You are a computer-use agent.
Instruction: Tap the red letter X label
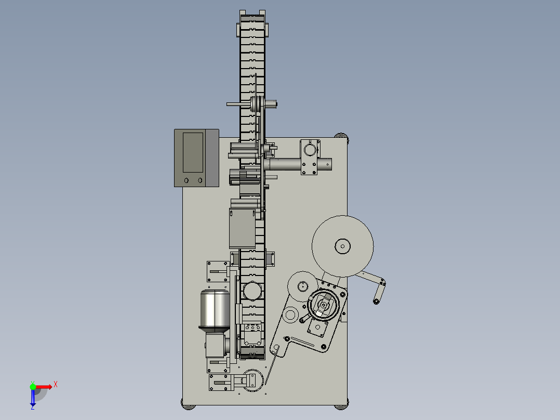56,385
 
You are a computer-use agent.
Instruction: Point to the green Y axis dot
33,387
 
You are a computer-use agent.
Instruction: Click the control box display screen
193,152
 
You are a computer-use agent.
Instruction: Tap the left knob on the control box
186,180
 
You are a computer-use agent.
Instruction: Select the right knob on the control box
200,180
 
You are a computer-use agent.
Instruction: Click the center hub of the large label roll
342,246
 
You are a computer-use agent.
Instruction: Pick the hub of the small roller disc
303,286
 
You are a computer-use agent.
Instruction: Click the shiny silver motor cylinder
215,309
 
